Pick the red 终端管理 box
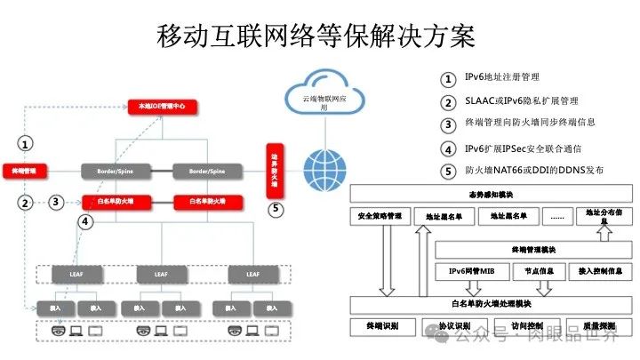click(x=25, y=170)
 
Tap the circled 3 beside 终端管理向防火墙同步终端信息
click(x=448, y=124)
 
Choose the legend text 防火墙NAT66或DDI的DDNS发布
click(x=529, y=171)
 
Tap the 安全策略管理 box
click(x=385, y=215)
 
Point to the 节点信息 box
click(x=540, y=270)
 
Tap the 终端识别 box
click(x=383, y=326)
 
